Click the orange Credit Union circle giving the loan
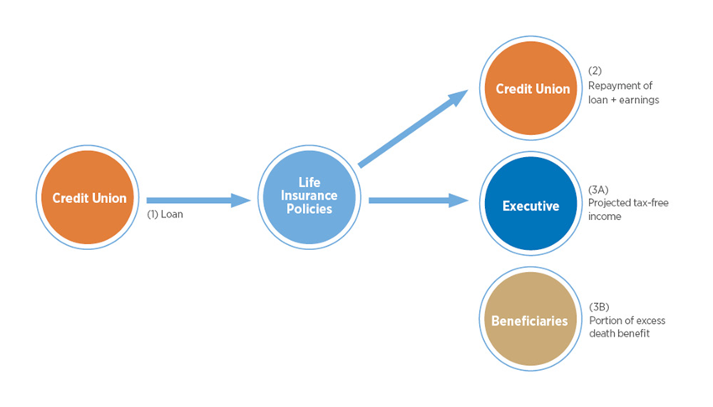point(89,198)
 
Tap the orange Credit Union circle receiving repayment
point(532,89)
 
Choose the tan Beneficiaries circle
point(530,321)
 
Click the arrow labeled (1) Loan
point(199,200)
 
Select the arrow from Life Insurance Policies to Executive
point(418,200)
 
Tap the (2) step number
point(595,70)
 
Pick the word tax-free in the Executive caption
point(651,202)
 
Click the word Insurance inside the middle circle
point(310,196)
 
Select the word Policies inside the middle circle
point(310,209)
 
